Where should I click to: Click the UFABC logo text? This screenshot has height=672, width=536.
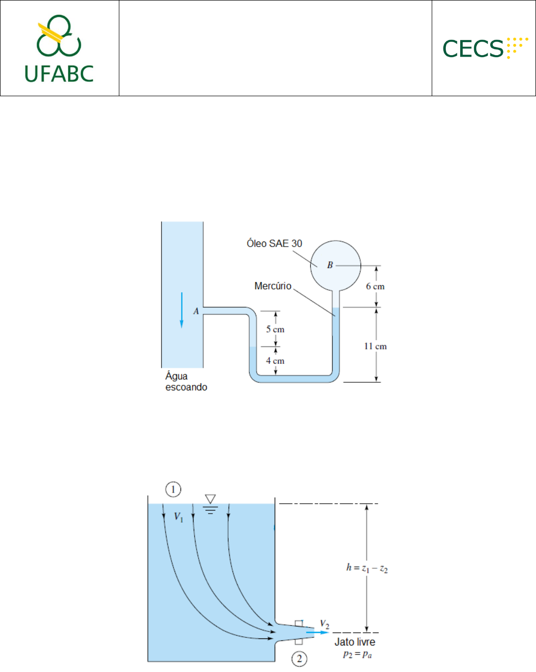point(59,74)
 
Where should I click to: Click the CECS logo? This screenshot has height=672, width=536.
point(485,48)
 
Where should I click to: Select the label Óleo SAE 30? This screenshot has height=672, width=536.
point(274,243)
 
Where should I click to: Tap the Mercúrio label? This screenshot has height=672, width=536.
point(273,286)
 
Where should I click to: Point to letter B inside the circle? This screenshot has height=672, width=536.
point(330,265)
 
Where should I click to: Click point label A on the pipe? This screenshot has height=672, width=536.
point(196,311)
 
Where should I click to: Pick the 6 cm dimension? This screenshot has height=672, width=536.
point(375,286)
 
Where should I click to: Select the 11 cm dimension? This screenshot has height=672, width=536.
point(376,346)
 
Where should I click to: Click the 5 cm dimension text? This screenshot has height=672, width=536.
point(275,329)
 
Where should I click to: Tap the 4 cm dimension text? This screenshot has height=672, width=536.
point(275,361)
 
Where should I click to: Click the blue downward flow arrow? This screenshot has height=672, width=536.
point(182,310)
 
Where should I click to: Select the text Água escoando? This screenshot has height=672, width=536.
point(187,381)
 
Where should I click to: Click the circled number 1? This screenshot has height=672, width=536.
point(173,489)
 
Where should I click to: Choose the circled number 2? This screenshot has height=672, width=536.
point(299,659)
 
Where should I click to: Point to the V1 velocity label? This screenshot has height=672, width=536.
point(178,517)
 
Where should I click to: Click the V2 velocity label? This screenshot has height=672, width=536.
point(325,624)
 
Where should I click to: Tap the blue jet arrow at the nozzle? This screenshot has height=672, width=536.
point(317,632)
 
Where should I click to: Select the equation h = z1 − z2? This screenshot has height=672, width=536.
point(367,568)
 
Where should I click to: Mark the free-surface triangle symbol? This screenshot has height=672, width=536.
point(210,499)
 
